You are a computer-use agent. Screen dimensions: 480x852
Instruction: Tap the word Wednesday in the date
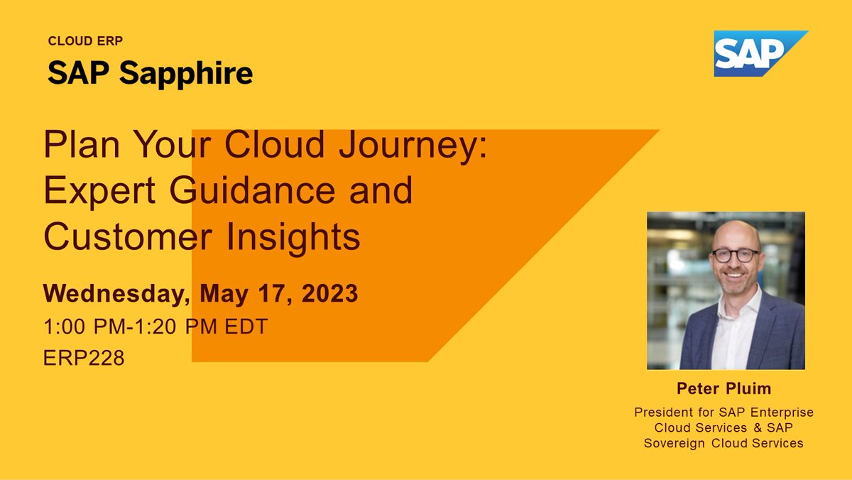coord(117,294)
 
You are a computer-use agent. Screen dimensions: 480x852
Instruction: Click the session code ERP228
coord(84,358)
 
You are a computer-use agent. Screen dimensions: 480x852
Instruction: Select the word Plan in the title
coord(75,146)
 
